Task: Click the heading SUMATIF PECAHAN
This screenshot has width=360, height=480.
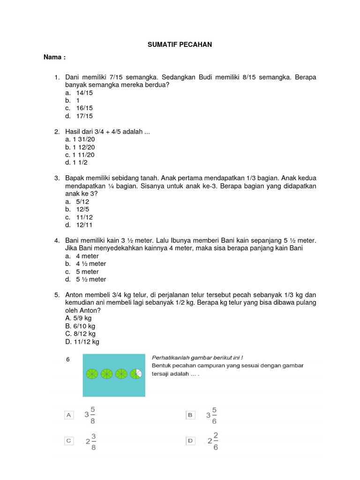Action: point(180,45)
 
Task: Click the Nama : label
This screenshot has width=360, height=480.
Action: point(54,57)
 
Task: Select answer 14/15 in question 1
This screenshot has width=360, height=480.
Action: point(84,93)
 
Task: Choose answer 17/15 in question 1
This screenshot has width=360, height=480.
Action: point(84,116)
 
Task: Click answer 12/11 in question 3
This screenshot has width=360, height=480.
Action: point(84,225)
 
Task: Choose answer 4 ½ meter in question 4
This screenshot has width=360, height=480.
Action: point(91,264)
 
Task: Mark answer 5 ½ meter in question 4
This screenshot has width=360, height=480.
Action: point(91,279)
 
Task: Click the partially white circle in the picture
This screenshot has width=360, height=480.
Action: point(136,374)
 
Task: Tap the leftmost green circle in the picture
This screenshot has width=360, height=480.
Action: point(91,374)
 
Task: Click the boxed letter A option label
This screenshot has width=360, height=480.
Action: point(69,415)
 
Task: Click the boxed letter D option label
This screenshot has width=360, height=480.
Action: point(190,441)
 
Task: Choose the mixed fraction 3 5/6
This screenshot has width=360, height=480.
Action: point(211,415)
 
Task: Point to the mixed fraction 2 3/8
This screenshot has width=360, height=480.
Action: point(90,441)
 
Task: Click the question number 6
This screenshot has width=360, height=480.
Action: point(68,359)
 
